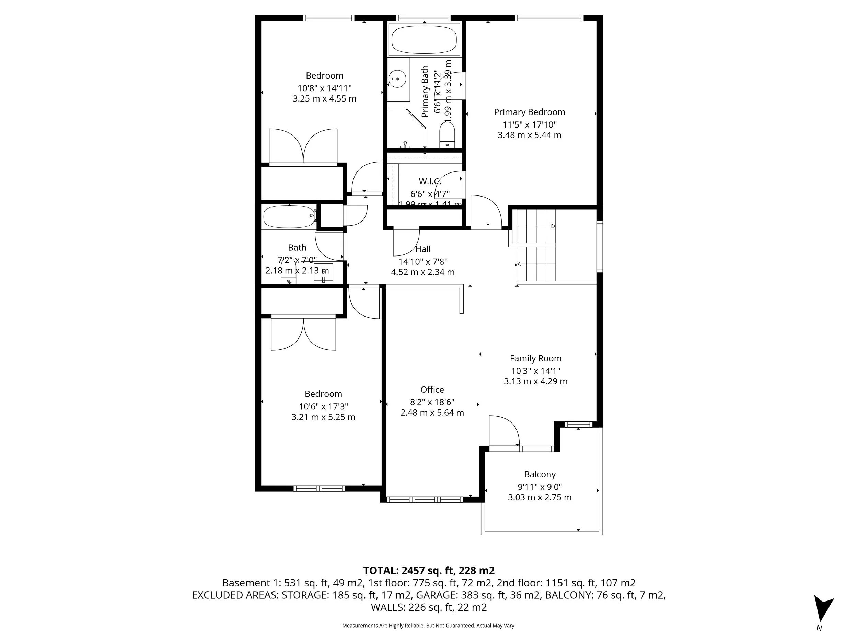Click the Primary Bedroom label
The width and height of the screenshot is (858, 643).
coord(530,112)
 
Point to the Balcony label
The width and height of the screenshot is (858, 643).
coord(540,474)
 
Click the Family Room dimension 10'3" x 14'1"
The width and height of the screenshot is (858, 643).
coord(536,370)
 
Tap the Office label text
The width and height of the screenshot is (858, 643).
coord(432,390)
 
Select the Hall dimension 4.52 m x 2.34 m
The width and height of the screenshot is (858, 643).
coord(423,272)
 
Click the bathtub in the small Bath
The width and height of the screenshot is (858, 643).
coord(289,217)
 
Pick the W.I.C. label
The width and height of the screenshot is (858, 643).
coord(430,181)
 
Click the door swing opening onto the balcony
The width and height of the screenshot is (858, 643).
coord(503,431)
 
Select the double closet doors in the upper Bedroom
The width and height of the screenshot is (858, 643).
coord(303,146)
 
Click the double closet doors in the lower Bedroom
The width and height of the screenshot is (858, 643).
coord(303,333)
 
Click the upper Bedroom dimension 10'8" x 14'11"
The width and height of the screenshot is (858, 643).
coord(324,88)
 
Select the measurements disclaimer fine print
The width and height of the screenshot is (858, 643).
coord(429,626)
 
